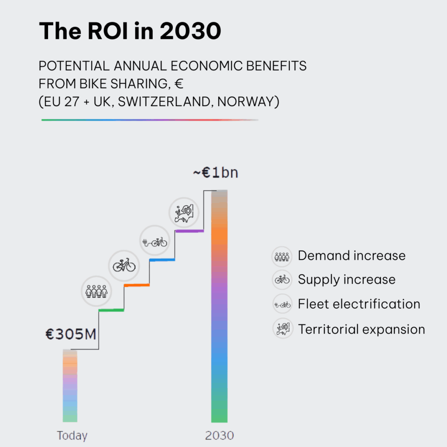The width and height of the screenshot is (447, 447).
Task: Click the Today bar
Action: [x=70, y=386]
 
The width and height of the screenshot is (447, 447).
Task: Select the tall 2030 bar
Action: [x=219, y=306]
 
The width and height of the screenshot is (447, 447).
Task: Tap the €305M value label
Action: [x=71, y=334]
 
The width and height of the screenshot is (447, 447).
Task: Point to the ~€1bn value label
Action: [x=216, y=173]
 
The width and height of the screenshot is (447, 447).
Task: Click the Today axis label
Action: [x=72, y=435]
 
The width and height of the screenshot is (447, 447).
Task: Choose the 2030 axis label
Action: [x=219, y=435]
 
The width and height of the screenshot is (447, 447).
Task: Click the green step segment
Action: [x=111, y=310]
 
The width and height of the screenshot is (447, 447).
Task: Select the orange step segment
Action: [x=137, y=285]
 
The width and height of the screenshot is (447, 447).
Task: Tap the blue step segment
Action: [x=162, y=260]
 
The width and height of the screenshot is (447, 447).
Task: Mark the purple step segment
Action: [x=189, y=230]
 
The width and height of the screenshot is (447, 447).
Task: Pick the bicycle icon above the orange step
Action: [x=124, y=265]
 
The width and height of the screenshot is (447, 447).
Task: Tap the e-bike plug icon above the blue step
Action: [x=154, y=241]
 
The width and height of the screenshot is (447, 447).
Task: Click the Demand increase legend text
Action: [x=351, y=255]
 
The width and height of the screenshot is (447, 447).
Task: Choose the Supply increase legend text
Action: [x=347, y=279]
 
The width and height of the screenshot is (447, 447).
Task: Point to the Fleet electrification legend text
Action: [x=359, y=304]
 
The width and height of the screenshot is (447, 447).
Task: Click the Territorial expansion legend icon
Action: [x=282, y=328]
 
